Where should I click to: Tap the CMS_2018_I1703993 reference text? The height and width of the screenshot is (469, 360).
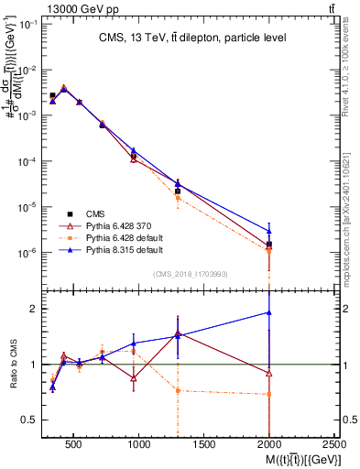pos(191,274)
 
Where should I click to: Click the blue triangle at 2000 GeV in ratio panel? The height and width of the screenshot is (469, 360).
pos(268,312)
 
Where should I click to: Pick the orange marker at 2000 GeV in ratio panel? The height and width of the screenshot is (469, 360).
pos(268,395)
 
